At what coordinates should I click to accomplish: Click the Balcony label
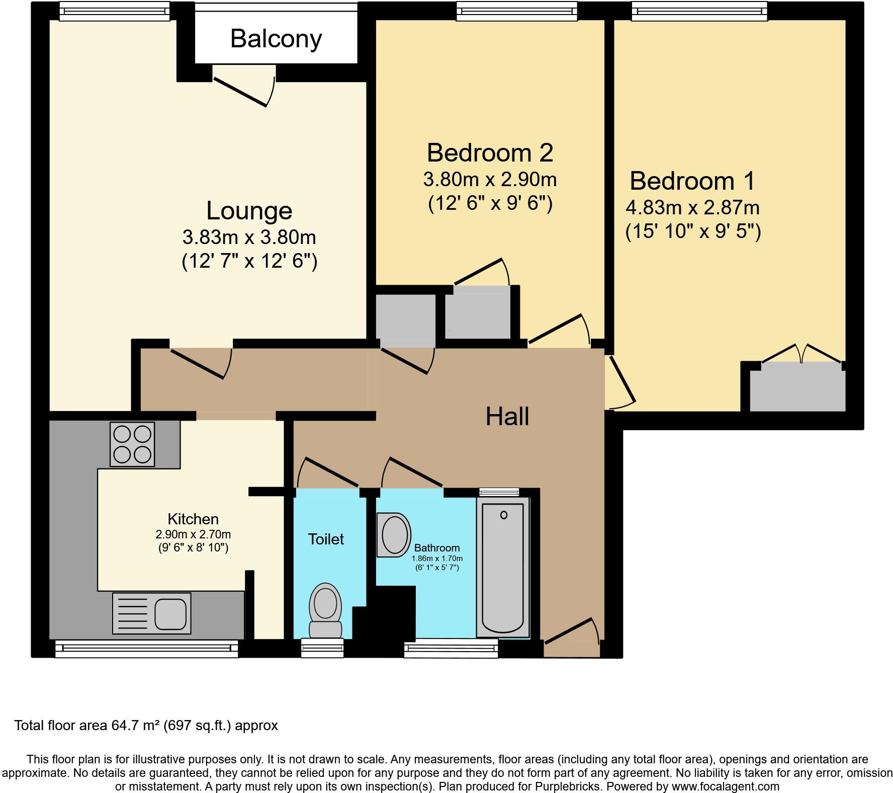276,39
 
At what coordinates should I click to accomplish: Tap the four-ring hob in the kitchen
132,444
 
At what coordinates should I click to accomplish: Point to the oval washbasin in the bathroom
395,534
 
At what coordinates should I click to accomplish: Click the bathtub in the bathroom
502,568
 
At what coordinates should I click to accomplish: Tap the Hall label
507,417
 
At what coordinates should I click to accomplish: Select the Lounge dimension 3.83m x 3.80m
249,237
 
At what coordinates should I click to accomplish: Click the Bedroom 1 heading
692,181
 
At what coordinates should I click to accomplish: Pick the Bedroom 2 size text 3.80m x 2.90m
490,179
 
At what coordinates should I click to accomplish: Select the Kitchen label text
193,519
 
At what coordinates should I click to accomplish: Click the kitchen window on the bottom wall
146,649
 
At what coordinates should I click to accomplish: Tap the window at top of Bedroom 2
516,11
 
